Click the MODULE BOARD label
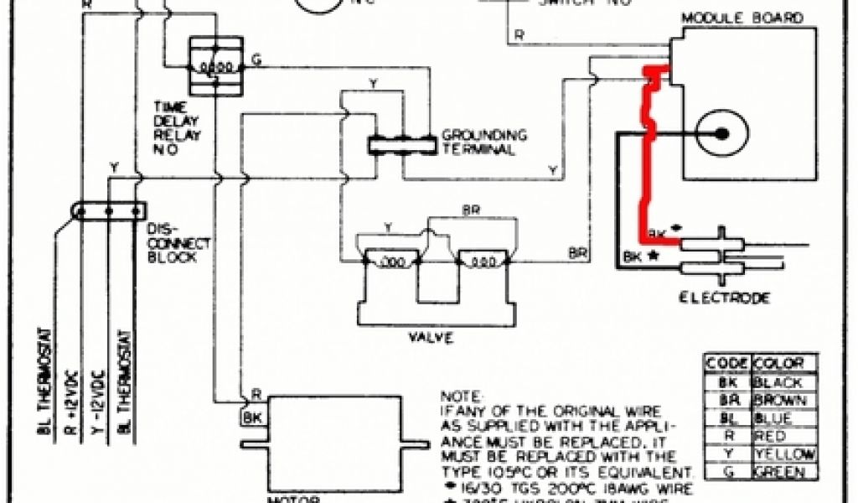click(742, 18)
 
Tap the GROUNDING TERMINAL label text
click(484, 142)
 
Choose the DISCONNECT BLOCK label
click(173, 242)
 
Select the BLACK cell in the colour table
click(783, 382)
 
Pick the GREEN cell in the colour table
click(783, 473)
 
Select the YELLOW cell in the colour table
click(785, 454)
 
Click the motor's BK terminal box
click(252, 416)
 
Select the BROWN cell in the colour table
click(783, 400)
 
